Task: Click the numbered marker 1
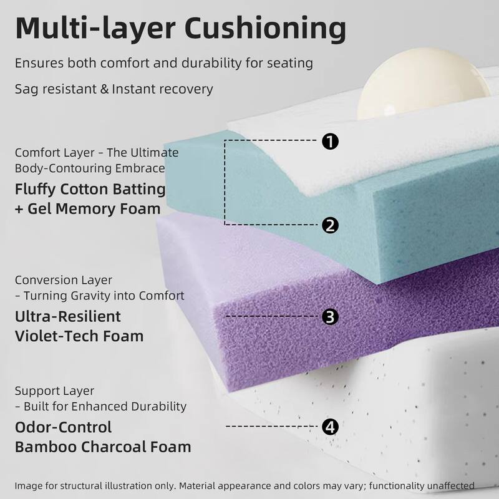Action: point(330,141)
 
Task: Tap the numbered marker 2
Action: point(330,225)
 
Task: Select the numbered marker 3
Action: point(330,317)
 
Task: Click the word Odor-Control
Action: point(64,427)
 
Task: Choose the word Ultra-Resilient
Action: point(68,316)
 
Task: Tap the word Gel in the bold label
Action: point(39,208)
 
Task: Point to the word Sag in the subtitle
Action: point(26,89)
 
